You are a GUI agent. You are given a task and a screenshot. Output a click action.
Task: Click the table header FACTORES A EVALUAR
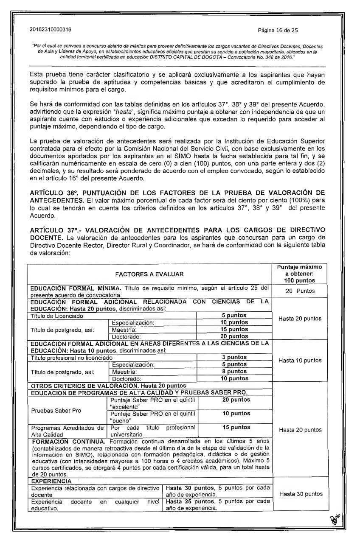(x=149, y=275)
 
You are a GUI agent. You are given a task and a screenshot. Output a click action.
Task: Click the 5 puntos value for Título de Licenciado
(x=235, y=316)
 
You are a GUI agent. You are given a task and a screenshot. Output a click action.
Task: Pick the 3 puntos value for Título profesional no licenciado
(x=235, y=357)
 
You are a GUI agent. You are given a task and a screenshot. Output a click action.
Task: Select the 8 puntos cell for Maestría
(x=235, y=371)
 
